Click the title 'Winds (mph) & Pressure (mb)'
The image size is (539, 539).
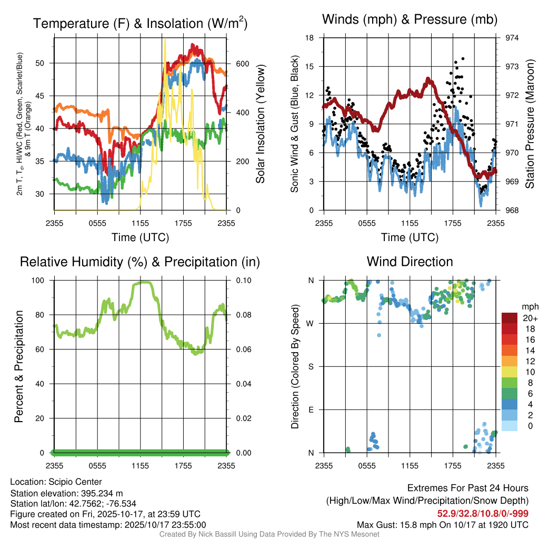(x=410, y=19)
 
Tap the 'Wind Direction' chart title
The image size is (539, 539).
(x=410, y=262)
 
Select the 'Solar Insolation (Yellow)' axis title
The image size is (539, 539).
(x=260, y=124)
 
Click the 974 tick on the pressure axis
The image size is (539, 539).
(x=512, y=38)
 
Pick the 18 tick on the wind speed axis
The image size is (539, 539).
(x=310, y=38)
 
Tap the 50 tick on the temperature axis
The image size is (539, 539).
(x=45, y=63)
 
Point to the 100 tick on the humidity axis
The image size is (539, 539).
(x=43, y=281)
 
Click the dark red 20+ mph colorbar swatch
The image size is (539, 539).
(x=511, y=318)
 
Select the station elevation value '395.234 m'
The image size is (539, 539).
(x=100, y=493)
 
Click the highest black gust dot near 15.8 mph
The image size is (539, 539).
(x=463, y=59)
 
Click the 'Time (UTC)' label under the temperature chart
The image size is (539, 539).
(x=141, y=237)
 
